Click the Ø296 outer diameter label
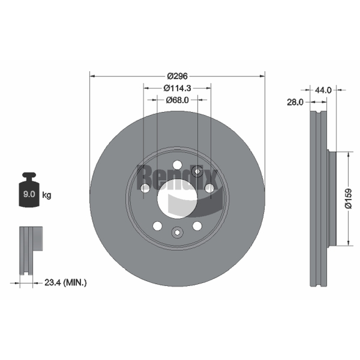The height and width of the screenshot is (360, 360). pos(177,76)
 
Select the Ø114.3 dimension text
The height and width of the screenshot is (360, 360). pos(177,88)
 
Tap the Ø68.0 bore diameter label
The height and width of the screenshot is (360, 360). pos(177,100)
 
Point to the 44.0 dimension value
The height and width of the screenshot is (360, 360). pos(323,90)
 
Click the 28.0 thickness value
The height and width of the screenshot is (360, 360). pos(295,103)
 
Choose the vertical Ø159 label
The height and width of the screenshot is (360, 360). pos(348,198)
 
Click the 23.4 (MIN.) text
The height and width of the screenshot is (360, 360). pos(65,283)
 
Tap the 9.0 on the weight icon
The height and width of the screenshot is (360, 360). pos(29,194)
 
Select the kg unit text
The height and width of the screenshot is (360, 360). pos(47,195)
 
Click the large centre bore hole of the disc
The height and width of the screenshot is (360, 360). pos(177,199)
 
